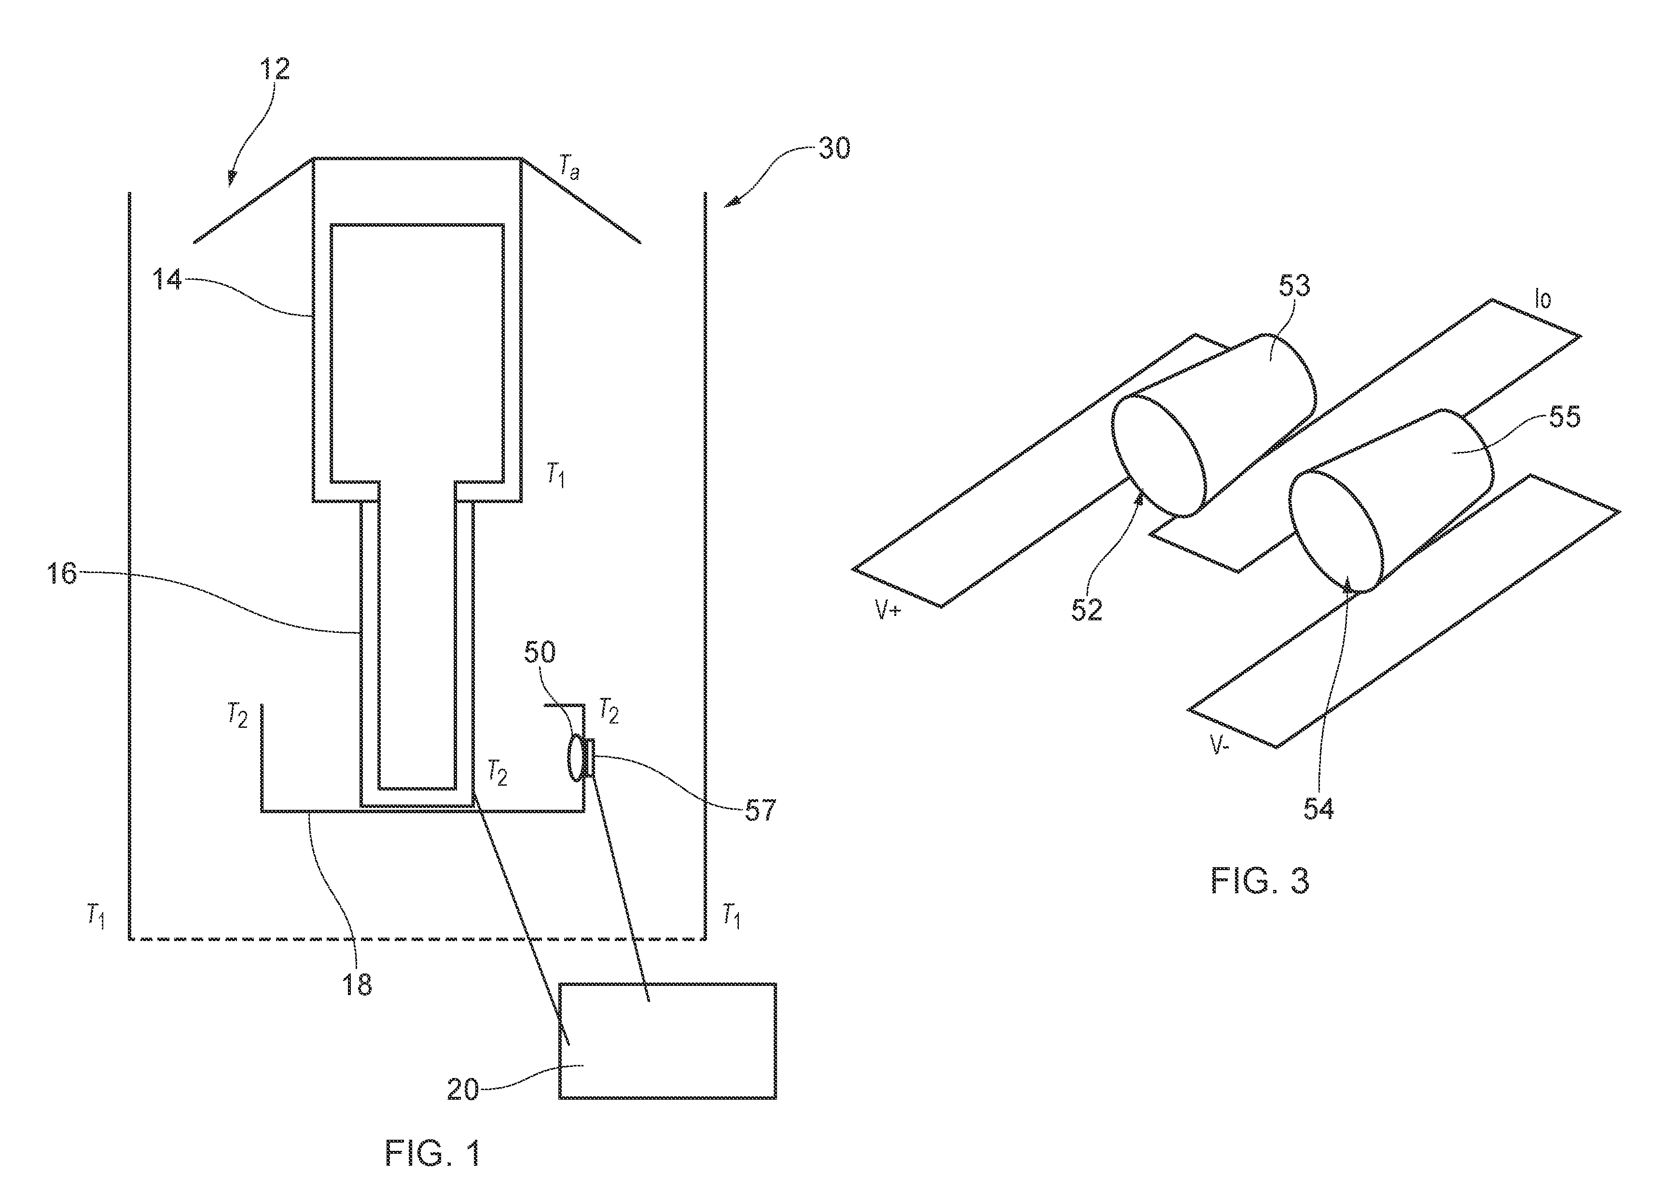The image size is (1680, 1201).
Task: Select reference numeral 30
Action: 834,148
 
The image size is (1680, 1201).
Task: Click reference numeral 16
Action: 63,573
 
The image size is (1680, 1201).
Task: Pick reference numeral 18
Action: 357,984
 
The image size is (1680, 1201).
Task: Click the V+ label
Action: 887,610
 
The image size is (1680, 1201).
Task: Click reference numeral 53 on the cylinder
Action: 1294,286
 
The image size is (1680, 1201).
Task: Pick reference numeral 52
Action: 1087,609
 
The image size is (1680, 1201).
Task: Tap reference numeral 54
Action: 1318,809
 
